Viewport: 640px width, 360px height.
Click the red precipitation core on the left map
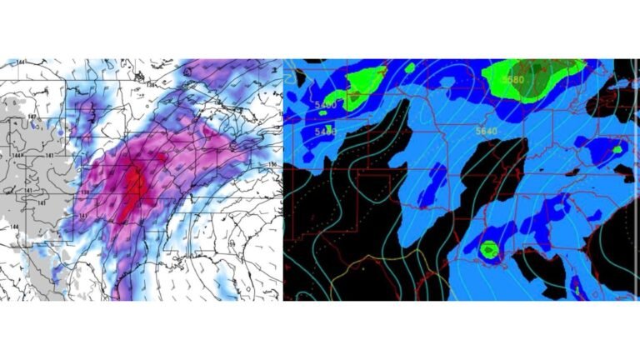tap(132, 187)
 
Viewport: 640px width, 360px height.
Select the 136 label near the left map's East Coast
tap(272, 164)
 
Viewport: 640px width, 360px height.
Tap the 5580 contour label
tap(514, 79)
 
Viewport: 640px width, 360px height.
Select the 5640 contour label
tap(485, 130)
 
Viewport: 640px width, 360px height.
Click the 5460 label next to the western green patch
tap(326, 105)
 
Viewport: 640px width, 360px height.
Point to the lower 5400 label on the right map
tap(326, 132)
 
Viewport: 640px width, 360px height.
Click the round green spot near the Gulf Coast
tap(489, 248)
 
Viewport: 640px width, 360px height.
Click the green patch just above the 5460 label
tap(357, 84)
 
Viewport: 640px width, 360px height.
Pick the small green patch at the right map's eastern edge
tap(617, 148)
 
